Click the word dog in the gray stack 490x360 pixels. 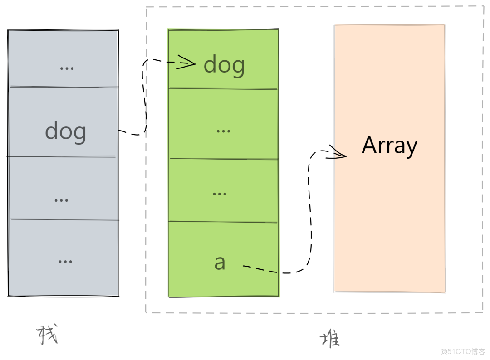(65, 132)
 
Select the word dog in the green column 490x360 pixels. (224, 65)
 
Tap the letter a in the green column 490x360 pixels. (220, 263)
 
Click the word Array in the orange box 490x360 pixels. (389, 146)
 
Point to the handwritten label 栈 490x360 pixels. (47, 335)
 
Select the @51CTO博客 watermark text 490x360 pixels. (463, 351)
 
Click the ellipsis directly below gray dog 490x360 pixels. (61, 200)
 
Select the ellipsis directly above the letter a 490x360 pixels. (220, 194)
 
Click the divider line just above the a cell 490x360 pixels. (223, 222)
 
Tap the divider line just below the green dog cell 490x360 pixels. (223, 88)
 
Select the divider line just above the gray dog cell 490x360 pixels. (64, 87)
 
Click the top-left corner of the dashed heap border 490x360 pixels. (146, 7)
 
